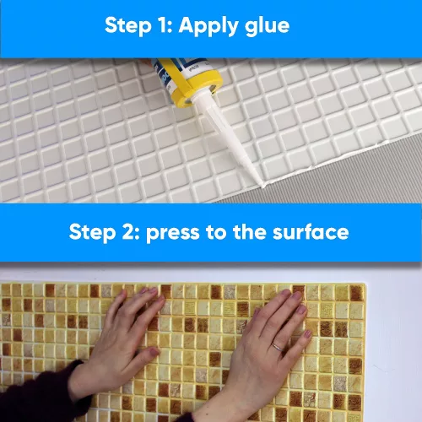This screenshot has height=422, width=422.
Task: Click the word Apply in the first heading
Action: point(209,26)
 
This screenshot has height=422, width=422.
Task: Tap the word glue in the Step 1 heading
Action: point(267,27)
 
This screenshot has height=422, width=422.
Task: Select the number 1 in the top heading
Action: point(164,25)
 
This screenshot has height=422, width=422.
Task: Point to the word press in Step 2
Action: point(173,234)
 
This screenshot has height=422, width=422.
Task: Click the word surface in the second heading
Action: point(311,232)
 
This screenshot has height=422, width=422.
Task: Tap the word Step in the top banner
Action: point(128,26)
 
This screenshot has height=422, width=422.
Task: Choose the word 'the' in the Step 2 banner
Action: point(250,232)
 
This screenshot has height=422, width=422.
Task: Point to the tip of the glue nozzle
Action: point(262,187)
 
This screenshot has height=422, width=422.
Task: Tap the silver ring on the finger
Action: point(278,347)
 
